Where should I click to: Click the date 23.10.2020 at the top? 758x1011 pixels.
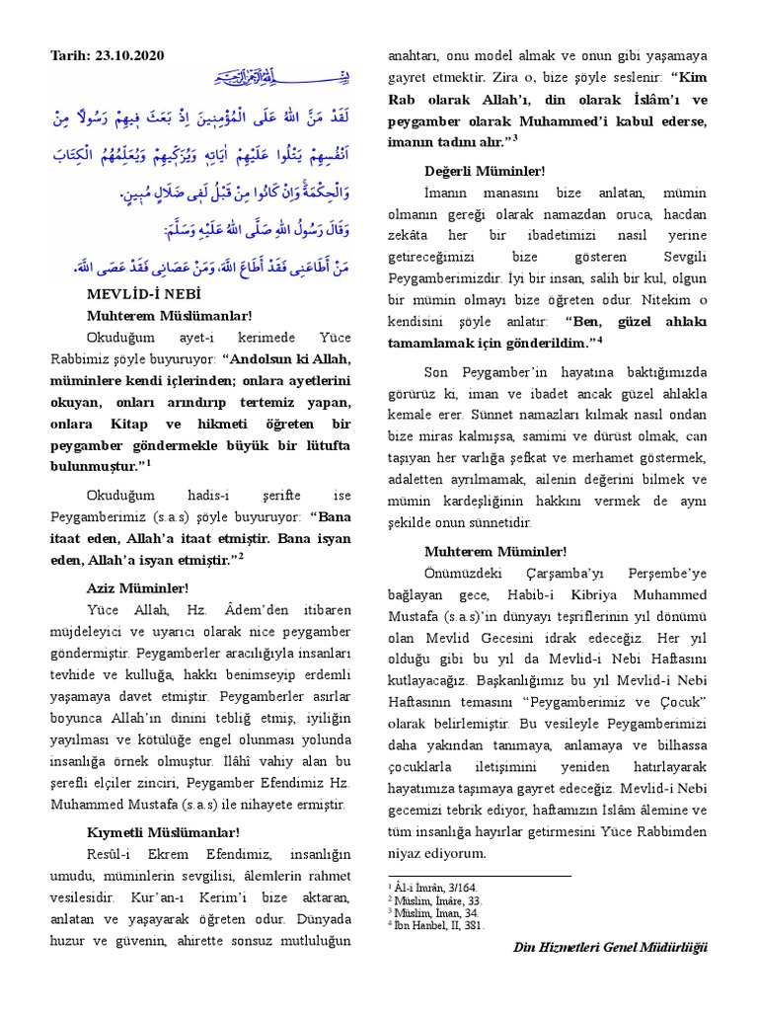(127, 56)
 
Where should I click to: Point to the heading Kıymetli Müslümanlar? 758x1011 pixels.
(163, 833)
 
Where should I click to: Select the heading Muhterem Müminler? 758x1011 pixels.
(482, 551)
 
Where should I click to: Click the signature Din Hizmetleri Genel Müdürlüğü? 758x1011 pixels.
(610, 948)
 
